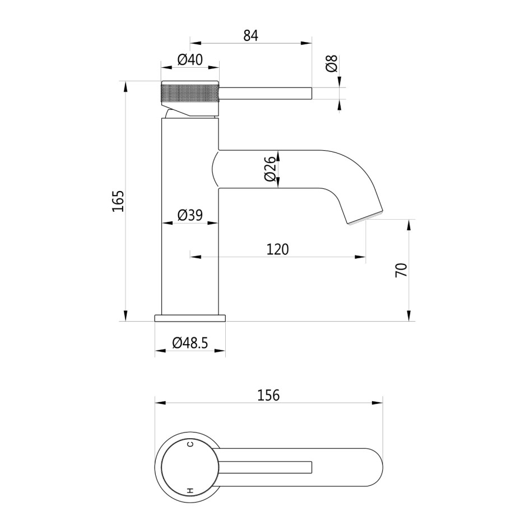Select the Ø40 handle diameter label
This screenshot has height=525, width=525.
point(189,60)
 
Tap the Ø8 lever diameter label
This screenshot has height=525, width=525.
point(331,64)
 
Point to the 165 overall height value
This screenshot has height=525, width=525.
point(118,201)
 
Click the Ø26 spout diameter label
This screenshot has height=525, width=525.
point(270,169)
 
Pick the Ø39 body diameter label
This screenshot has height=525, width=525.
point(189,215)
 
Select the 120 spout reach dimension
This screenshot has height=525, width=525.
point(277,249)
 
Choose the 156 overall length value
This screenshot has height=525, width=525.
point(269,395)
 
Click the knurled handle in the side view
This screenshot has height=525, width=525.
point(189,94)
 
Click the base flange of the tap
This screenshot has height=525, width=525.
point(190,318)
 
